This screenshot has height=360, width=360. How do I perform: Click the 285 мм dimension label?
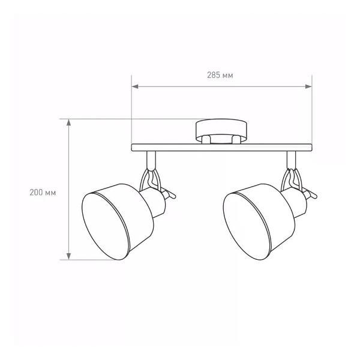220,75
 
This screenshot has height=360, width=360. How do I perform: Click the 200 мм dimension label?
43,193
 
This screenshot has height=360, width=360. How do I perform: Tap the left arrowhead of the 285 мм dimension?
135,86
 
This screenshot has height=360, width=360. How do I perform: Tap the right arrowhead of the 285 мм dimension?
308,86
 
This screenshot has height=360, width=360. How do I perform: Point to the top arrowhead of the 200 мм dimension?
68,122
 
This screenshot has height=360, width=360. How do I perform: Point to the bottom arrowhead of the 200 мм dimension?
68,256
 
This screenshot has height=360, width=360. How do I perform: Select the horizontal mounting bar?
221,148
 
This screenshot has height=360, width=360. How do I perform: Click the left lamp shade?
118,222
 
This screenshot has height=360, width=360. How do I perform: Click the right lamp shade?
259,222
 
